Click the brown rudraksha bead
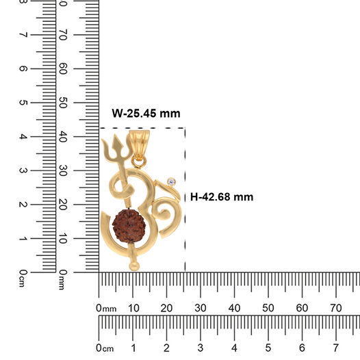pyautogui.click(x=129, y=226)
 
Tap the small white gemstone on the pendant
pyautogui.click(x=171, y=182)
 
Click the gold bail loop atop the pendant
pyautogui.click(x=139, y=144)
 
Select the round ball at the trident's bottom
pyautogui.click(x=134, y=266)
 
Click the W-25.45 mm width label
pyautogui.click(x=146, y=114)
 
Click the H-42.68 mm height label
pyautogui.click(x=222, y=197)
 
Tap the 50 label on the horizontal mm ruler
pyautogui.click(x=268, y=308)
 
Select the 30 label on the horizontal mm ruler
pyautogui.click(x=201, y=308)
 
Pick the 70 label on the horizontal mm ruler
pyautogui.click(x=335, y=308)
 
